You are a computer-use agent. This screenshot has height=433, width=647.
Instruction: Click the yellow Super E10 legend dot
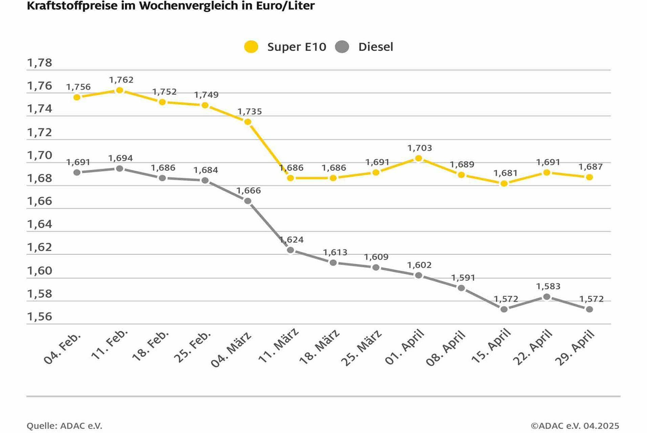pyautogui.click(x=251, y=47)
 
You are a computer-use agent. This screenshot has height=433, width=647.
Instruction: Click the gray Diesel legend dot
pyautogui.click(x=342, y=47)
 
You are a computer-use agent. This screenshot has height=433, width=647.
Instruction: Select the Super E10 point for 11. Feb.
pyautogui.click(x=120, y=90)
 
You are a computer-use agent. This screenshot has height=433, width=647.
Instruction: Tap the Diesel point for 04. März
pyautogui.click(x=248, y=201)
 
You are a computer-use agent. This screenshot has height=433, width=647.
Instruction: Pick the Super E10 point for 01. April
pyautogui.click(x=418, y=158)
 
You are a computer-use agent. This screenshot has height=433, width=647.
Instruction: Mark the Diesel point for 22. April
pyautogui.click(x=546, y=297)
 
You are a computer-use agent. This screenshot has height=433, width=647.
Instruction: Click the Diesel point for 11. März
pyautogui.click(x=290, y=250)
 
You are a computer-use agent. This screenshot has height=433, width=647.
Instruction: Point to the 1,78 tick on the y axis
pyautogui.click(x=40, y=63)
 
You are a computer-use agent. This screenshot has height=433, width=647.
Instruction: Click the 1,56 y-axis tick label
pyautogui.click(x=40, y=317)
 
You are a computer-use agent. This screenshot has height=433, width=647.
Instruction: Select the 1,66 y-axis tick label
pyautogui.click(x=40, y=201)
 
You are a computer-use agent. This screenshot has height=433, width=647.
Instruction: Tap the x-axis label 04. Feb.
pyautogui.click(x=62, y=348)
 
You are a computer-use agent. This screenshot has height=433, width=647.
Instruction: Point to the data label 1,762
pyautogui.click(x=121, y=80)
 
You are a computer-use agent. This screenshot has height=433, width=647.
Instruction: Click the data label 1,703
pyautogui.click(x=419, y=148)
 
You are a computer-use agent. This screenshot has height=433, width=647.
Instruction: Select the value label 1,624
pyautogui.click(x=292, y=240)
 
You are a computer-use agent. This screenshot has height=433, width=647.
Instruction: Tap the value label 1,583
pyautogui.click(x=548, y=287)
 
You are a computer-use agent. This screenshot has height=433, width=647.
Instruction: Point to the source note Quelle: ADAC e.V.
pyautogui.click(x=64, y=426)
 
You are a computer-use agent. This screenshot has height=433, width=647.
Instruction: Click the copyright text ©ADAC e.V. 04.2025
pyautogui.click(x=575, y=426)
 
